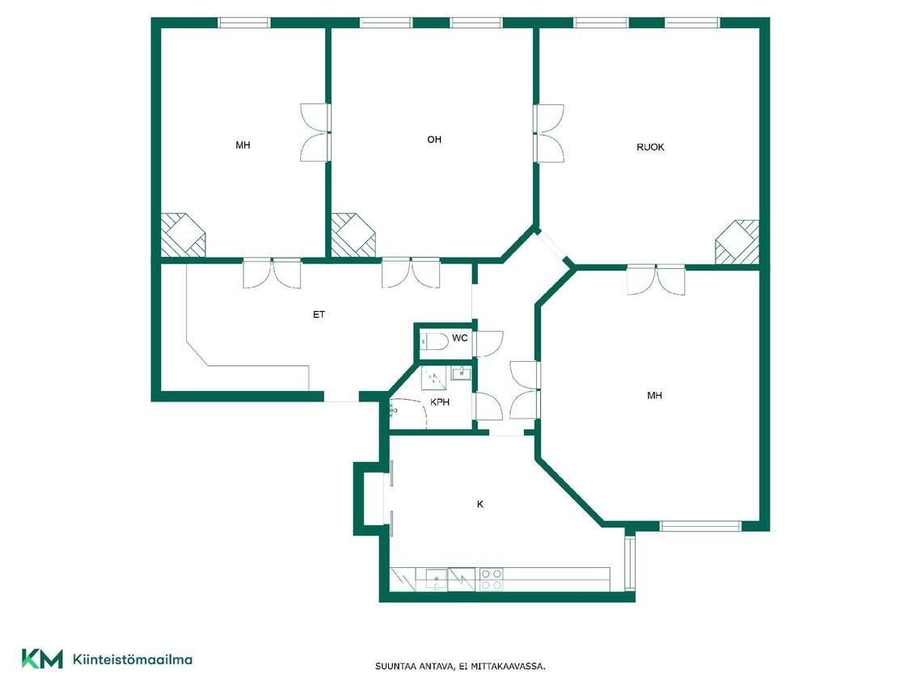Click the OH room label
click(434, 140)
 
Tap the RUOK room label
click(650, 147)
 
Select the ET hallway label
click(319, 315)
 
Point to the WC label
click(460, 338)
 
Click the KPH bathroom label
click(440, 402)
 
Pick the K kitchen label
click(480, 505)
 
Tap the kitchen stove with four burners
click(491, 579)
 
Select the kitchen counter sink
click(436, 579)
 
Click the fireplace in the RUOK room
click(737, 242)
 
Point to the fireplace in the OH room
click(353, 234)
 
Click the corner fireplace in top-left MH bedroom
click(184, 234)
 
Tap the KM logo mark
click(42, 658)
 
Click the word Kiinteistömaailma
click(132, 659)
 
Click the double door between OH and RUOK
click(548, 133)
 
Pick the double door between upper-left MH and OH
click(315, 133)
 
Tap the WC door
click(488, 344)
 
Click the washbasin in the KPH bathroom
click(461, 373)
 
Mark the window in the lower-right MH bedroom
click(701, 526)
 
